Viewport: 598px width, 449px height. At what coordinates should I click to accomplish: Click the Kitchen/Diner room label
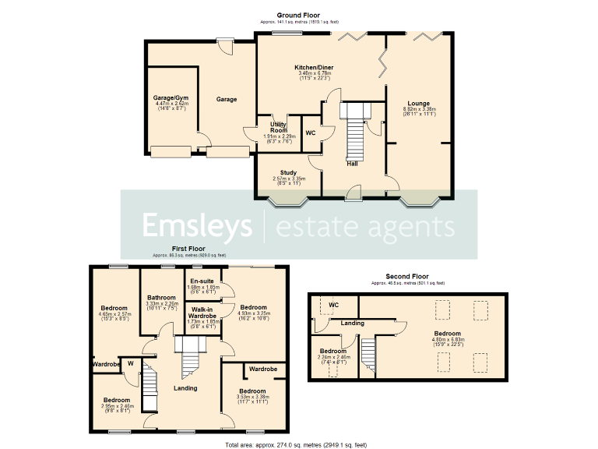pyautogui.click(x=313, y=68)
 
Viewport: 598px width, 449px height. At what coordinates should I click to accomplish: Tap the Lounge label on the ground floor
pyautogui.click(x=419, y=103)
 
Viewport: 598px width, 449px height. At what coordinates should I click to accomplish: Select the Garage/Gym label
pyautogui.click(x=170, y=98)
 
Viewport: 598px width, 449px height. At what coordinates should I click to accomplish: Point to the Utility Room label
pyautogui.click(x=278, y=128)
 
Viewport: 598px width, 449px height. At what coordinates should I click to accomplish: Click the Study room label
pyautogui.click(x=288, y=173)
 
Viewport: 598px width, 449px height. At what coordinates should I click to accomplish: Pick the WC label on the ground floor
pyautogui.click(x=309, y=133)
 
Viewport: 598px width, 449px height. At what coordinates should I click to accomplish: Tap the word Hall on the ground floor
pyautogui.click(x=353, y=163)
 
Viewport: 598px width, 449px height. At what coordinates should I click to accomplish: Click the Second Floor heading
pyautogui.click(x=408, y=276)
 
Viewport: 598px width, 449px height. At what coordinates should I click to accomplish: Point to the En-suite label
pyautogui.click(x=201, y=281)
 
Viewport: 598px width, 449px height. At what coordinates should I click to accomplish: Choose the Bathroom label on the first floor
pyautogui.click(x=163, y=297)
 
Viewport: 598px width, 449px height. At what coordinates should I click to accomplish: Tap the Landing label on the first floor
pyautogui.click(x=185, y=387)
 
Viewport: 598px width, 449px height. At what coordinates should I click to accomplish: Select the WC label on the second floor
pyautogui.click(x=333, y=305)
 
